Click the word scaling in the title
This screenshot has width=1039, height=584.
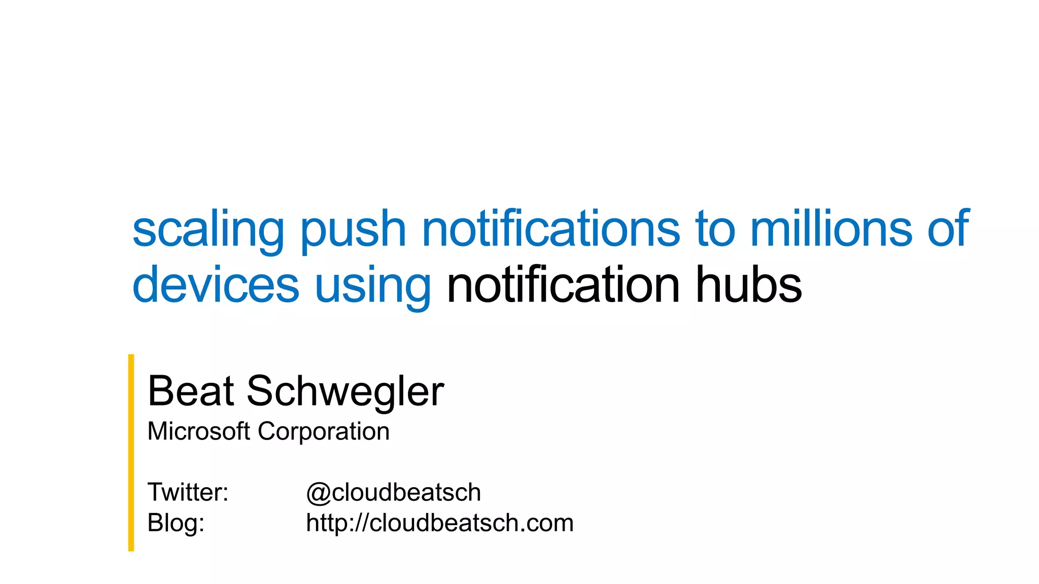pyautogui.click(x=207, y=230)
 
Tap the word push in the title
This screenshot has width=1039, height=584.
pyautogui.click(x=353, y=230)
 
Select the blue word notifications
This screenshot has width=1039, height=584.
pyautogui.click(x=550, y=229)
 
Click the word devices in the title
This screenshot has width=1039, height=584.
pyautogui.click(x=216, y=285)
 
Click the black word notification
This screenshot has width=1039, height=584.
pyautogui.click(x=563, y=285)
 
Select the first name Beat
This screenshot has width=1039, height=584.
pyautogui.click(x=191, y=391)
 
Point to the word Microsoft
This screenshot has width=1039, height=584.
pyautogui.click(x=198, y=431)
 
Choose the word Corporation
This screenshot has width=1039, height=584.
pyautogui.click(x=324, y=431)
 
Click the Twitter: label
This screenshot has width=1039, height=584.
pyautogui.click(x=188, y=492)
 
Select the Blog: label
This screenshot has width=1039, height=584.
pyautogui.click(x=176, y=523)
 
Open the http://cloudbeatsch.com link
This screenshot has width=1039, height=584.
pyautogui.click(x=439, y=523)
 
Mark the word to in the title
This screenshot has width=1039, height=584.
pyautogui.click(x=715, y=229)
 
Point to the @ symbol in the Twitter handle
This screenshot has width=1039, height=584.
pyautogui.click(x=318, y=493)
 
